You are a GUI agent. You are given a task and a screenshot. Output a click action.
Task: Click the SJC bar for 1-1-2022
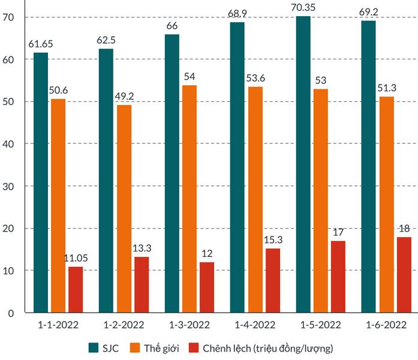[41, 182]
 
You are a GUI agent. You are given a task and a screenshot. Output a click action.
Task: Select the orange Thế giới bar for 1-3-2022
[190, 199]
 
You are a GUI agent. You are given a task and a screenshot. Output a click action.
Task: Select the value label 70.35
[303, 9]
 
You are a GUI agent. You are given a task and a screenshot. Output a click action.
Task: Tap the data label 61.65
[41, 45]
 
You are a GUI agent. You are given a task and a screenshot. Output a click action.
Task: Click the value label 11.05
[76, 259]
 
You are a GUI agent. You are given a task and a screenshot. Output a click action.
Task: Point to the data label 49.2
[124, 97]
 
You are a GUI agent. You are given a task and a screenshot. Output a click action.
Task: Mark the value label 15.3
[273, 241]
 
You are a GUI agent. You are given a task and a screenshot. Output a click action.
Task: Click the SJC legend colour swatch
[94, 348]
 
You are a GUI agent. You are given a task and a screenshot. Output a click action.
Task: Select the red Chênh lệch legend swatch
[194, 348]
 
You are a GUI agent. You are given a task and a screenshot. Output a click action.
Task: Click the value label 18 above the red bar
[404, 229]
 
